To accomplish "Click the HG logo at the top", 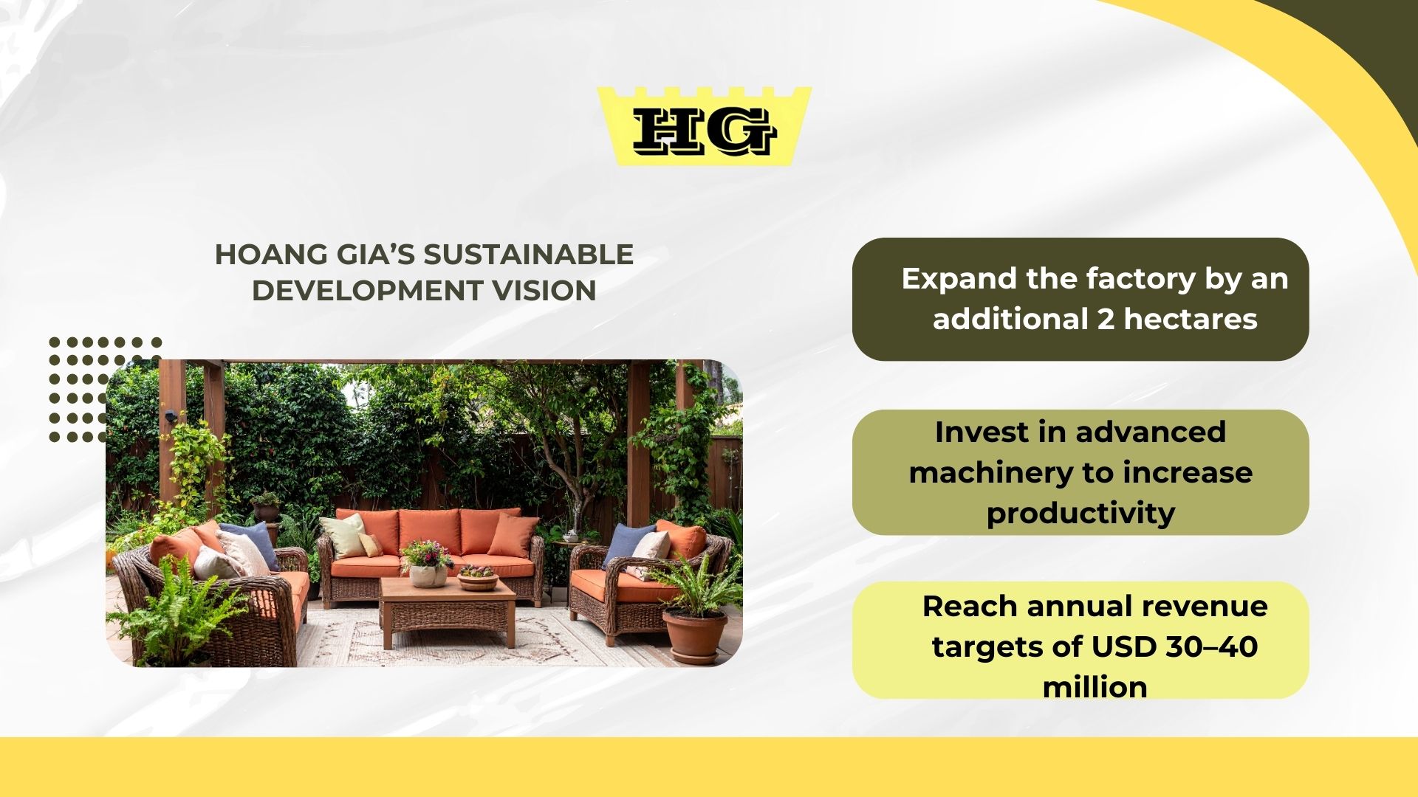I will tap(704, 128).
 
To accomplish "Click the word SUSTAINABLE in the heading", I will tap(528, 255).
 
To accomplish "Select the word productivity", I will tap(1080, 514).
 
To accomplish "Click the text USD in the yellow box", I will tap(1124, 647).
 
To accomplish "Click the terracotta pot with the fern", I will tap(694, 635).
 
